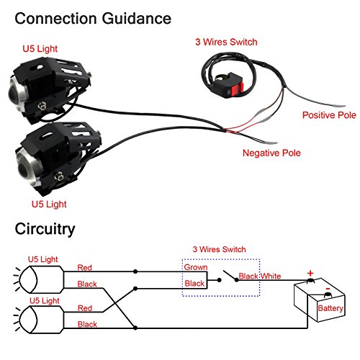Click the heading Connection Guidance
pyautogui.click(x=92, y=16)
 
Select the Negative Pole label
pyautogui.click(x=271, y=153)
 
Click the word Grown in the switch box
pyautogui.click(x=196, y=267)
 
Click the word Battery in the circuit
pyautogui.click(x=330, y=309)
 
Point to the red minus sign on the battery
pyautogui.click(x=328, y=289)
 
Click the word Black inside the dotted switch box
pyautogui.click(x=194, y=284)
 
